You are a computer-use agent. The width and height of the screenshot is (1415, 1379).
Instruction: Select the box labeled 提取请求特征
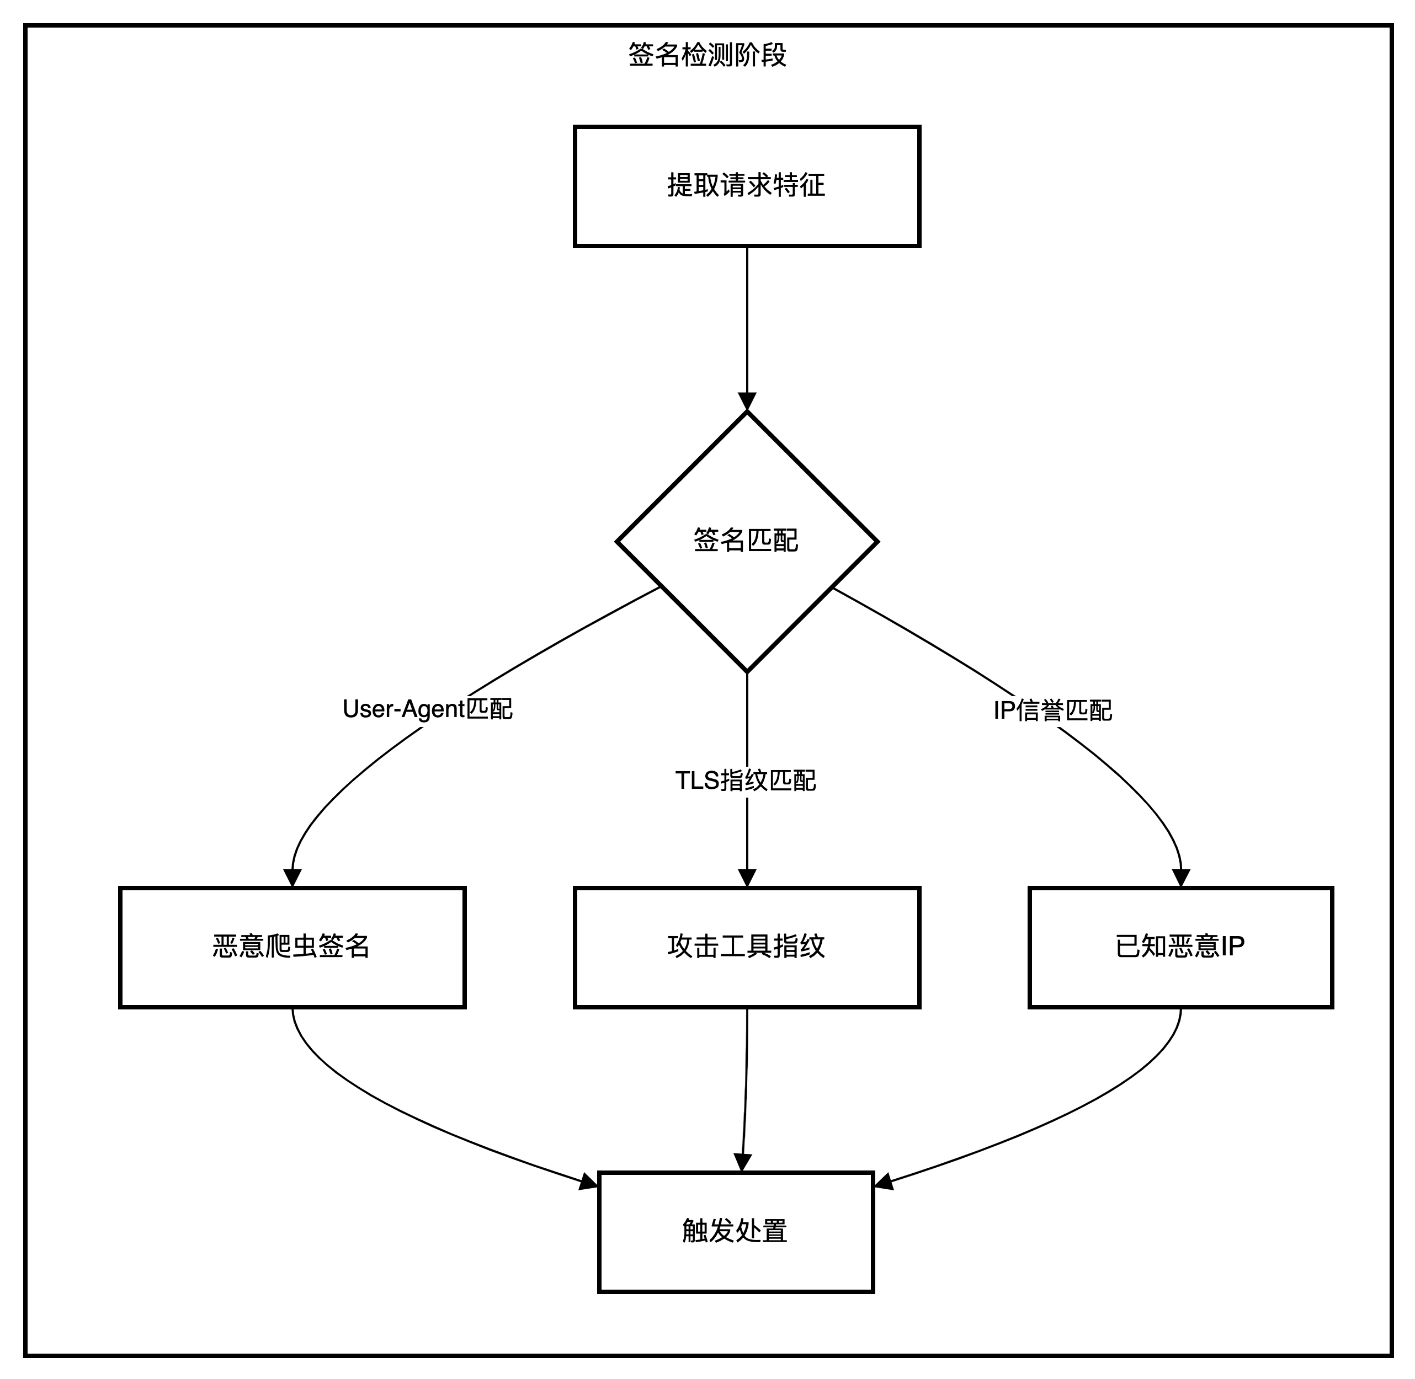tap(746, 186)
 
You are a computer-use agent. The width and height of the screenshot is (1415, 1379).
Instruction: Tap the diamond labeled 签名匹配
tap(746, 541)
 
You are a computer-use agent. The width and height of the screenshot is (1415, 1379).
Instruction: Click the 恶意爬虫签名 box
tap(292, 947)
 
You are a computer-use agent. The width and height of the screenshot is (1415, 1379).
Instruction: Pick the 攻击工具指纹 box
tap(746, 947)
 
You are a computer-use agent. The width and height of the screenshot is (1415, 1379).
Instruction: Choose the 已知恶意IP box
tap(1180, 947)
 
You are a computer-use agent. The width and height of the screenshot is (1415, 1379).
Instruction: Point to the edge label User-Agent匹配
tap(428, 709)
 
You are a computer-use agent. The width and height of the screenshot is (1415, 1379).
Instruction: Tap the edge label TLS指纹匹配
tap(746, 781)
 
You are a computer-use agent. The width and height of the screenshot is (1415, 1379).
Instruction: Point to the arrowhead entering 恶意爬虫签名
tap(292, 878)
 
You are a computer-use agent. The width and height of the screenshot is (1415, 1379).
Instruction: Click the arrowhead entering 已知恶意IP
tap(1181, 878)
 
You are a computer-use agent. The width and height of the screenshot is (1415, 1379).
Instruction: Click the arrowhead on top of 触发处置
tap(743, 1162)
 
